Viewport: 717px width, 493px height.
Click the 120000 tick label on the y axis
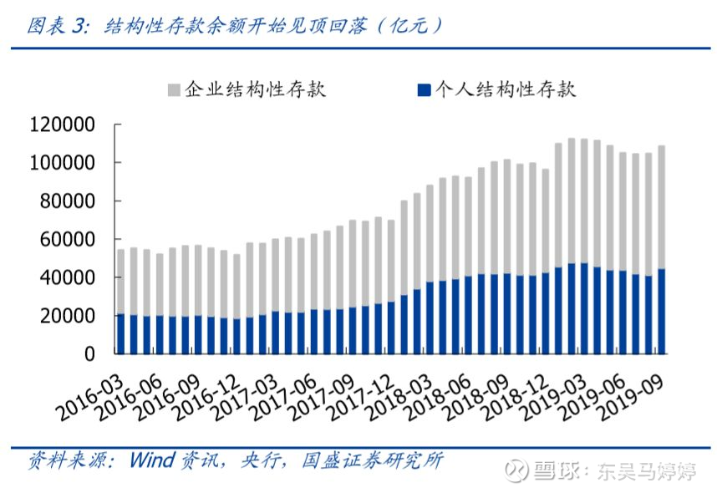62,125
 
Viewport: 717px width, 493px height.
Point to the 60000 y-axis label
67,239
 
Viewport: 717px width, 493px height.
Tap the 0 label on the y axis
89,354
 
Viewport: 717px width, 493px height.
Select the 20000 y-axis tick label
67,316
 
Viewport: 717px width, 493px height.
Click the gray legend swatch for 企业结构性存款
174,89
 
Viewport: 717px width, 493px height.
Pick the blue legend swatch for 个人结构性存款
425,89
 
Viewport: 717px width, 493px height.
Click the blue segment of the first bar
120,334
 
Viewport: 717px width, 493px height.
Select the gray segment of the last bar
661,207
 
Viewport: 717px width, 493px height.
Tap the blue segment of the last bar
661,312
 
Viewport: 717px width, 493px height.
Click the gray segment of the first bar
120,282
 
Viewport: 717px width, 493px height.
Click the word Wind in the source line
152,460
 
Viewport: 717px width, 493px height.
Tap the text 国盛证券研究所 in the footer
372,460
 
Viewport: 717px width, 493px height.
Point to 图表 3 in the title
57,25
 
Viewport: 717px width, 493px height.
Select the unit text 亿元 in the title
410,25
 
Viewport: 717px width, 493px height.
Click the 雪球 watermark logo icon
516,470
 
